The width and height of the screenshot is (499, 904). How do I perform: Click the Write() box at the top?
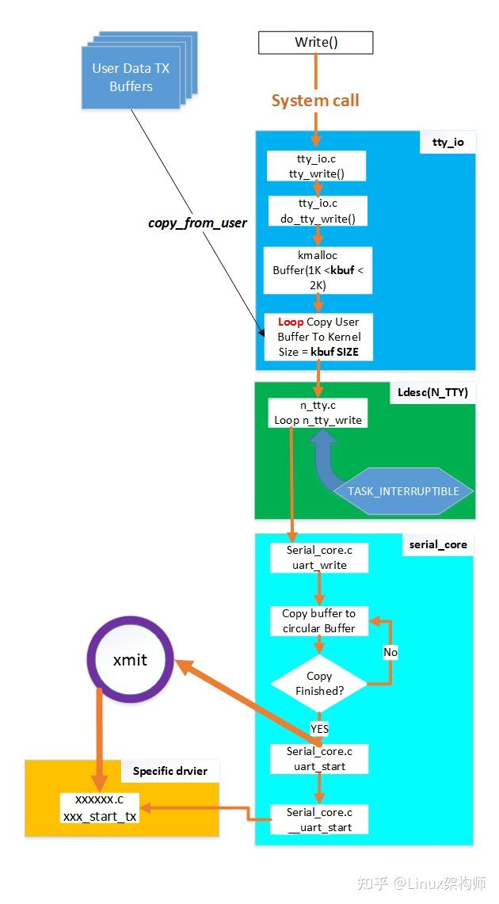315,42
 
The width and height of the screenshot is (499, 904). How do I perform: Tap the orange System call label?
315,101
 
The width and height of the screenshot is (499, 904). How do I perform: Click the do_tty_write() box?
317,212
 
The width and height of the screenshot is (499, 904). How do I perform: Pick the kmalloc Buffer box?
317,270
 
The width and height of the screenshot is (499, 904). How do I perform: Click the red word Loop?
290,322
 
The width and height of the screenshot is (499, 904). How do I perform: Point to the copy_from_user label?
197,223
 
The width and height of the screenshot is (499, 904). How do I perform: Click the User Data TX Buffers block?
131,77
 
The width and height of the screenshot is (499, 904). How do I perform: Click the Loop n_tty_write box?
317,413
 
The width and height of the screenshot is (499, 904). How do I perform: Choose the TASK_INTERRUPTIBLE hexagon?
403,491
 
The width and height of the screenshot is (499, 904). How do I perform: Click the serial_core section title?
438,544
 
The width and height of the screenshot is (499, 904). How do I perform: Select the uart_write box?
318,557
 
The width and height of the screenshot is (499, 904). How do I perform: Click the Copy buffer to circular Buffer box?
318,620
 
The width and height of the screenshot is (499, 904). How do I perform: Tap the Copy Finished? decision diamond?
318,683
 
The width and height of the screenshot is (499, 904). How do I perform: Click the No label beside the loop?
390,652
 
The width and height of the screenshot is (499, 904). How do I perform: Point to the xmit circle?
130,659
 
